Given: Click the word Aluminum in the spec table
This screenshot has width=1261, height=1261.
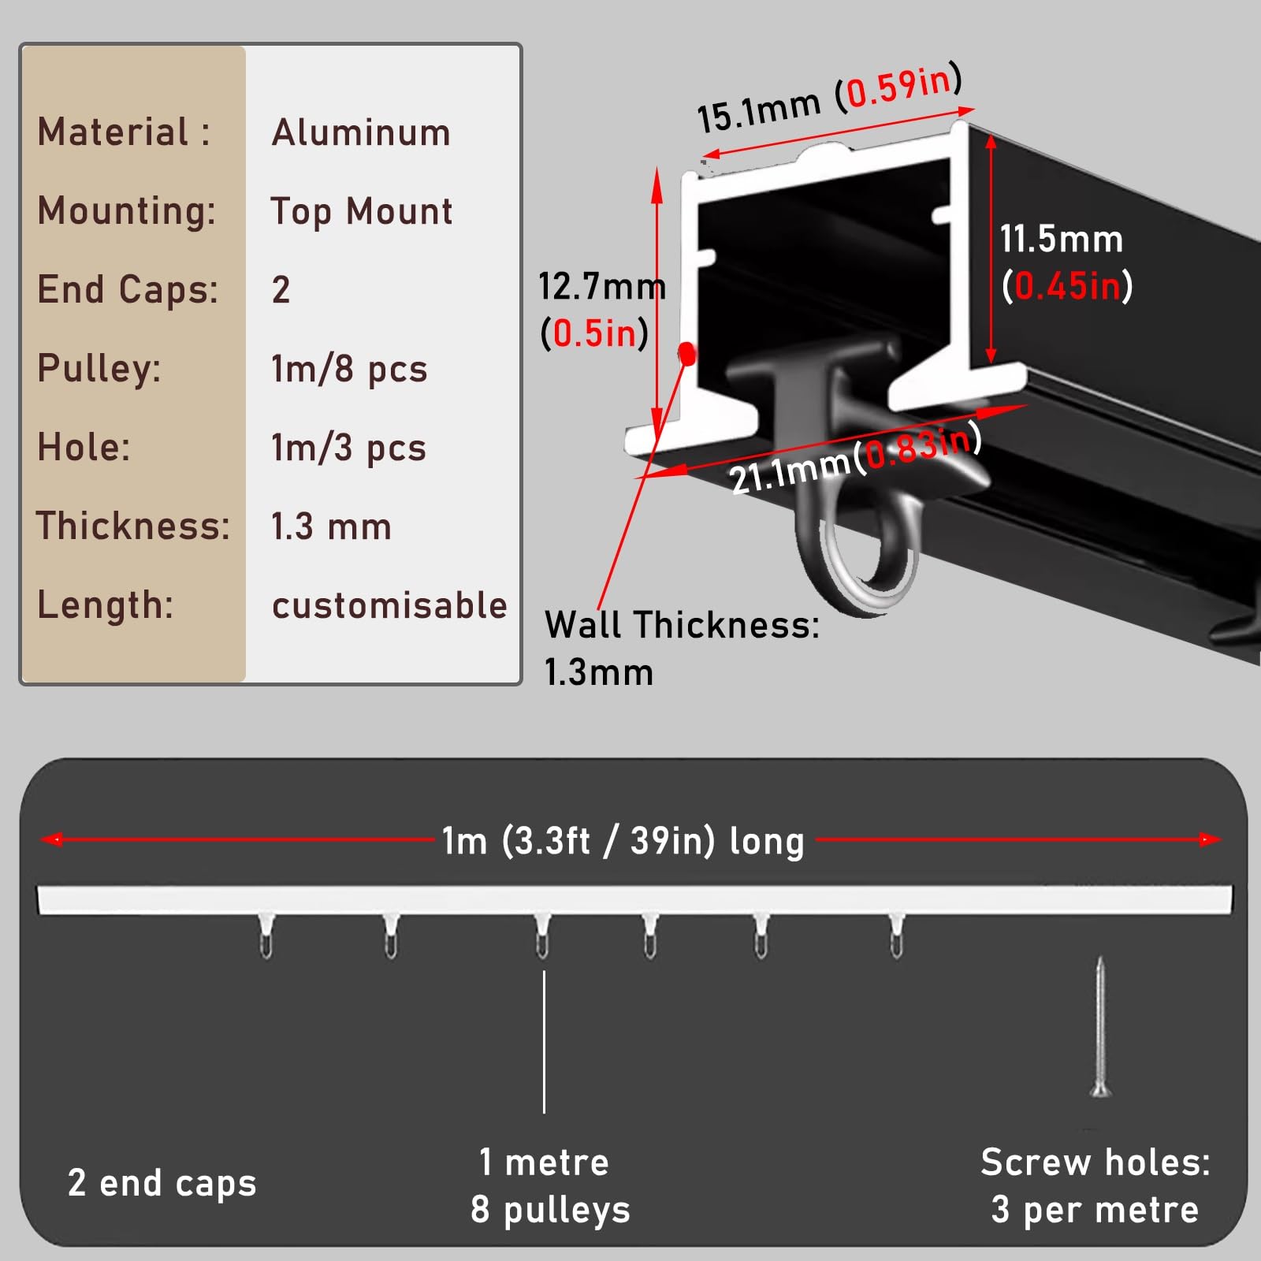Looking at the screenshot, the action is pos(361,132).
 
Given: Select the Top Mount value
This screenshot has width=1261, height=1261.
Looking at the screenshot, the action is pos(362,211).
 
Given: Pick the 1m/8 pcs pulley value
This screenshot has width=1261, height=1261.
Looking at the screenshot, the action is pos(349,369).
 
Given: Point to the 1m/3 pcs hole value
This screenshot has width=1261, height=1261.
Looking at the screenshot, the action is pos(348,448).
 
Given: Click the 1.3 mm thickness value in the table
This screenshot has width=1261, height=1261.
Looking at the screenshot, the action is pos(331,526).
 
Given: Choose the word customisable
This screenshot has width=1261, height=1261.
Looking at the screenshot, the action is pos(389,605).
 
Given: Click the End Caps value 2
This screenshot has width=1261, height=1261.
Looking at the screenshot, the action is pos(281,290).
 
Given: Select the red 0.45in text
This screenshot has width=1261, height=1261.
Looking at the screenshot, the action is pos(1067,285).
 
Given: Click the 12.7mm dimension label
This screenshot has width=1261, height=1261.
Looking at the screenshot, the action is pos(602,286).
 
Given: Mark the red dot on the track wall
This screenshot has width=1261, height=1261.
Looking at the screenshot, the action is pos(687,354).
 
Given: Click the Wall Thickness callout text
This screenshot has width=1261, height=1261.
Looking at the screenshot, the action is pos(682,649).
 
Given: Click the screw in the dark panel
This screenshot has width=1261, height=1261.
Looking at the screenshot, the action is pos(1100,1026).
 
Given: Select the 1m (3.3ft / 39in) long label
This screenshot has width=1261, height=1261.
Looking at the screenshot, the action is pos(623,841).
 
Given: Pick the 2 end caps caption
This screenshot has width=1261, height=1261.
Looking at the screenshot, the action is pos(162,1183).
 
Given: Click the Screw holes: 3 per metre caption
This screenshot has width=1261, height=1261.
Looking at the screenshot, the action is pos(1095,1186).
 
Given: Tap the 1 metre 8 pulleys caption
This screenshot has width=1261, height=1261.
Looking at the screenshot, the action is pos(550,1186).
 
